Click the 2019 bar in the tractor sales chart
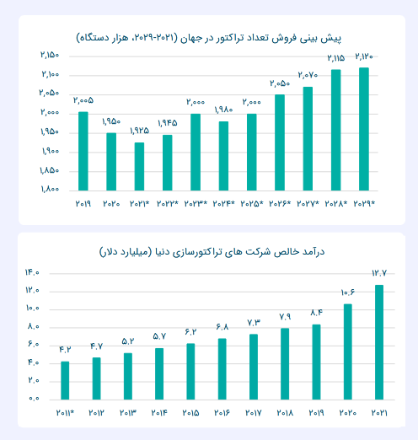pos(83,151)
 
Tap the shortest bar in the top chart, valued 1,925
pos(139,166)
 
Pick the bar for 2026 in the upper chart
pos(280,142)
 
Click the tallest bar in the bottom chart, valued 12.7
pos(379,341)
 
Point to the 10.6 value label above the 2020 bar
pos(347,292)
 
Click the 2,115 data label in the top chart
pos(335,58)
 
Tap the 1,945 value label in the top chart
pos(167,123)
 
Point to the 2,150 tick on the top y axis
pos(50,55)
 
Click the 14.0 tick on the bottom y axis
pos(32,272)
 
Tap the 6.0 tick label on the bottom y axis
pos(32,344)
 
